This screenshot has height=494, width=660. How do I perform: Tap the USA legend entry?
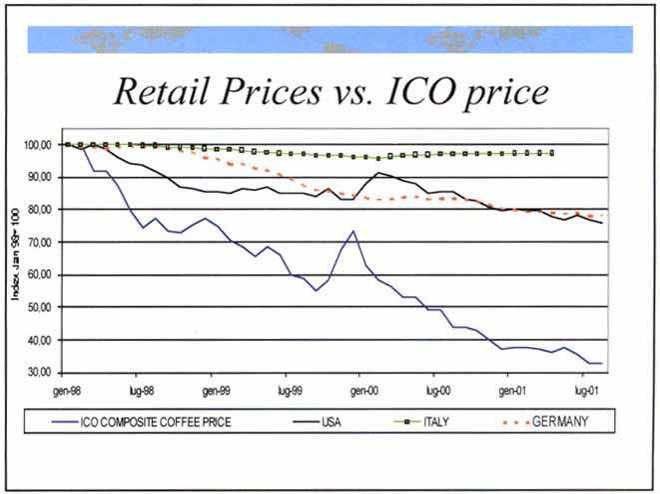(330, 422)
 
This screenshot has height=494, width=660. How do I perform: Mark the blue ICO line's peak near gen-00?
(352, 231)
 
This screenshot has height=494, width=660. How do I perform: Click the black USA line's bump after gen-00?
(378, 173)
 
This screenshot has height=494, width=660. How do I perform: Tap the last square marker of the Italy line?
(552, 153)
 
